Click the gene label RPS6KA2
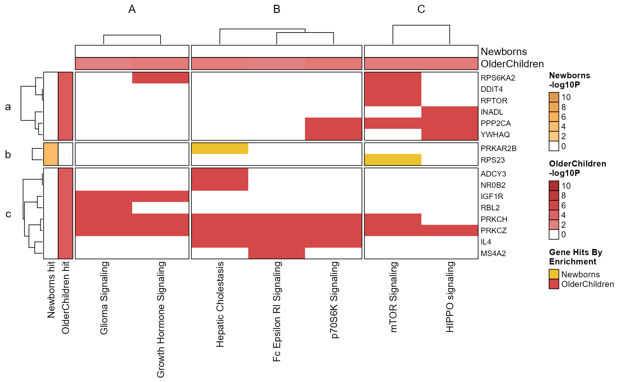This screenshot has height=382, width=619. coord(497,78)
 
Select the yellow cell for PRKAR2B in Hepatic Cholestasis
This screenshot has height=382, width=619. coord(220,148)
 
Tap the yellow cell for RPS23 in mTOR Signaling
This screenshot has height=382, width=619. coord(393,160)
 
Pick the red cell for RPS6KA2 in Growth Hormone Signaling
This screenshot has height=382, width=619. coord(160,78)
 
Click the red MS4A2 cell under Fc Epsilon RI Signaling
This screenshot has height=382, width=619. coord(277,253)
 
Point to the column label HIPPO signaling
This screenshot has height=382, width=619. coord(450,297)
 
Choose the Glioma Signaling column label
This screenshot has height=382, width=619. coord(104,298)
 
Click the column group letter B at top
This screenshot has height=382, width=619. coord(277,9)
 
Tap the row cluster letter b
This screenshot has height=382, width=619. coord(8,155)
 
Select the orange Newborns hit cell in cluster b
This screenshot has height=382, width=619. coord(51,154)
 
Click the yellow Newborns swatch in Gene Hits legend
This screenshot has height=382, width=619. coord(554,274)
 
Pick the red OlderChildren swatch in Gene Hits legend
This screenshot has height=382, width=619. coord(554,284)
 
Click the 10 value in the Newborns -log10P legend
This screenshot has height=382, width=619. coord(566,97)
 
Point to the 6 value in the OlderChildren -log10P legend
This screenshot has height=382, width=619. coord(563,205)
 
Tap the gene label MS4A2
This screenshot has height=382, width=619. coord(493,253)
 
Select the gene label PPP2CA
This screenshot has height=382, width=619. coord(496,123)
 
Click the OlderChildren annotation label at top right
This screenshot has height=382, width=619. coord(512,64)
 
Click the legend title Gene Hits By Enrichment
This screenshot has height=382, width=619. coord(575,257)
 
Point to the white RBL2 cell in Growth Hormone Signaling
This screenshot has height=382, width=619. coord(160,208)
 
